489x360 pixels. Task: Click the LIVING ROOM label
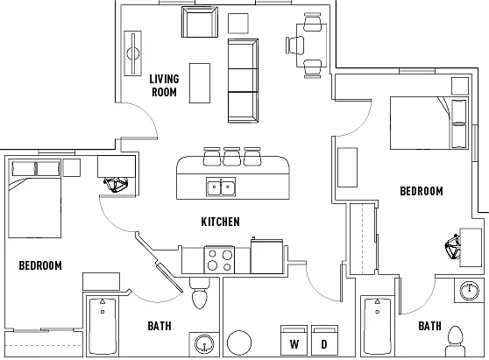(x=164, y=86)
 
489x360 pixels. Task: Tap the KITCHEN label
(x=221, y=222)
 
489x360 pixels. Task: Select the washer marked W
(x=294, y=341)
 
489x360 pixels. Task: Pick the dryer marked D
(x=324, y=341)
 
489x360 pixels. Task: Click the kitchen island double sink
(x=221, y=187)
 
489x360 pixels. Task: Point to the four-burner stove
(x=220, y=260)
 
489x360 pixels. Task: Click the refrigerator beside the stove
(x=267, y=257)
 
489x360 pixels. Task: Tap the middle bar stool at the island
(x=231, y=157)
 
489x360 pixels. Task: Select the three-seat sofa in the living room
(x=243, y=81)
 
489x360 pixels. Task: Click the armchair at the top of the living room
(x=200, y=22)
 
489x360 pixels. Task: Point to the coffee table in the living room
(x=200, y=83)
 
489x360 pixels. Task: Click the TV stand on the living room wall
(x=133, y=53)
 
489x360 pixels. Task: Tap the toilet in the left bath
(x=200, y=293)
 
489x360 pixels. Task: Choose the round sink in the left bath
(x=204, y=344)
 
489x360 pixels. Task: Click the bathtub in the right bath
(x=378, y=327)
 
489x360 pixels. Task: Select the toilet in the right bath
(x=456, y=341)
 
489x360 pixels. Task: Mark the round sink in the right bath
(x=469, y=290)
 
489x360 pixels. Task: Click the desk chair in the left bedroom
(x=117, y=185)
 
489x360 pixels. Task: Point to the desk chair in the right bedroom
(x=453, y=247)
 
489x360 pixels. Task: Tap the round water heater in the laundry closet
(x=239, y=342)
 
